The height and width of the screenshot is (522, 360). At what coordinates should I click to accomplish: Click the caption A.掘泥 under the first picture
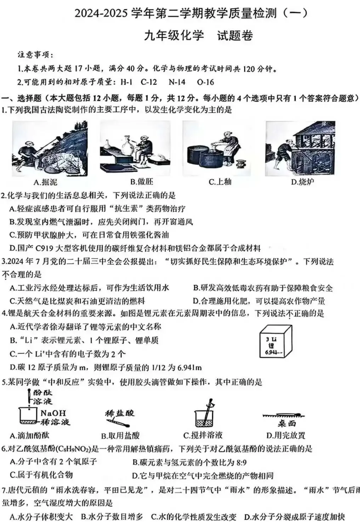45,182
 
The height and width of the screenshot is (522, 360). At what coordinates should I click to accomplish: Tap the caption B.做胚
142,182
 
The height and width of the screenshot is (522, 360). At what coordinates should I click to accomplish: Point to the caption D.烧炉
302,182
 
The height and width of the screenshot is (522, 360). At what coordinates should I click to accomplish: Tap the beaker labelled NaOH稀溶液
28,416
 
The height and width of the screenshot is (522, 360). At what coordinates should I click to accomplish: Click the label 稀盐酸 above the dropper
120,413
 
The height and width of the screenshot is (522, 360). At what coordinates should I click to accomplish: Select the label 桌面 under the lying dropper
286,424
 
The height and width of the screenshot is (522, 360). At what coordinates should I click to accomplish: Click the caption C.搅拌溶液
203,435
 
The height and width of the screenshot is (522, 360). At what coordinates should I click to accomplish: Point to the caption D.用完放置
286,435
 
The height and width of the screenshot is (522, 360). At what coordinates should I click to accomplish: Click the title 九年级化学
174,35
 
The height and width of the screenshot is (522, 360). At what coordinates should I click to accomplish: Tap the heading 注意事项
35,55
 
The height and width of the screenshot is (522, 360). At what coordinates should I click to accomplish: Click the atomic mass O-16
205,82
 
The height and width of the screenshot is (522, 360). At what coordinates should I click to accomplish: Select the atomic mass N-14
177,82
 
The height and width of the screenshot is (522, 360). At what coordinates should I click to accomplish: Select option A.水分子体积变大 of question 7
41,517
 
